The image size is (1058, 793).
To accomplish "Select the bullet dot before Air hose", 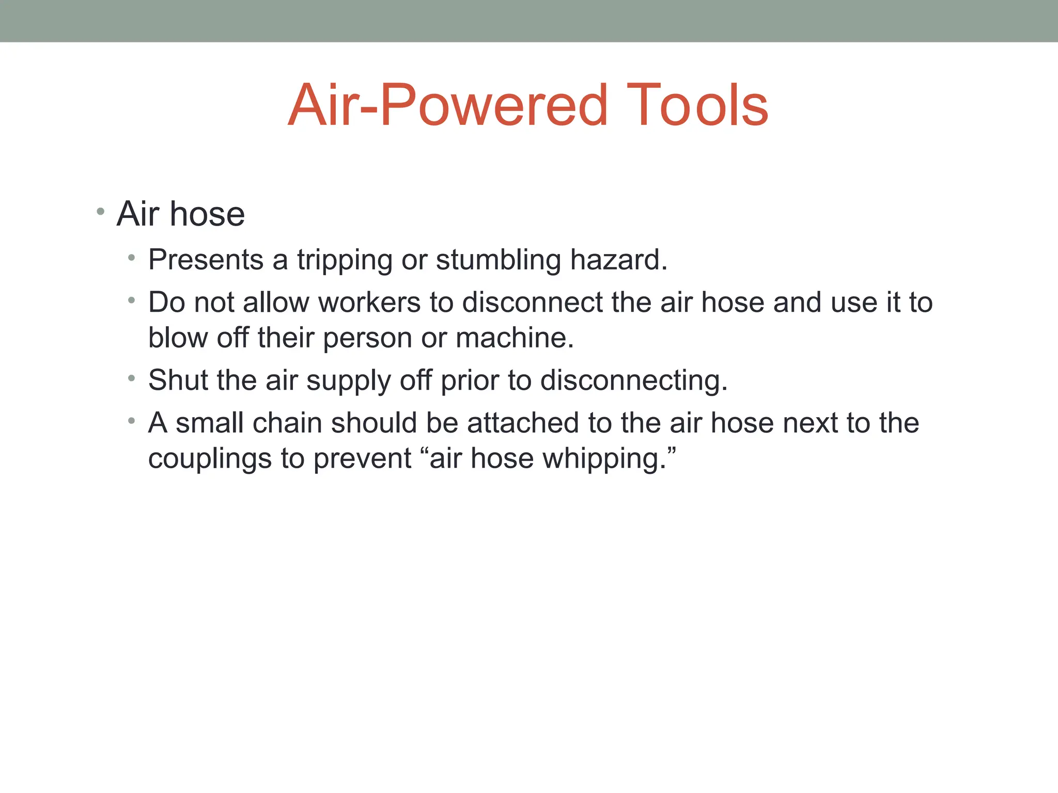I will (x=100, y=211).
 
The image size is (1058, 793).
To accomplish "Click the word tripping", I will (x=345, y=260).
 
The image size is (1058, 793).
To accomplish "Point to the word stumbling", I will (x=498, y=260).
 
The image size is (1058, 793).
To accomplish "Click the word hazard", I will (x=618, y=259).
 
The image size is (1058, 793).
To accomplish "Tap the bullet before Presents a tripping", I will (x=132, y=257).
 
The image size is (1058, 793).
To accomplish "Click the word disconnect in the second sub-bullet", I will (x=532, y=302).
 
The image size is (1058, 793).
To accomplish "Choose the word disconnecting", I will (x=633, y=381).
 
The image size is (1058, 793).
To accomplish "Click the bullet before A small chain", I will (x=132, y=421).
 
